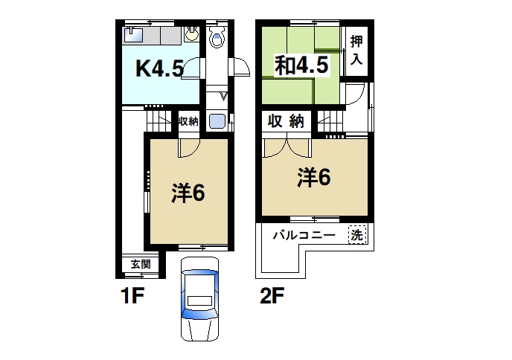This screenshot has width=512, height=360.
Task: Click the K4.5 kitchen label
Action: [159, 69]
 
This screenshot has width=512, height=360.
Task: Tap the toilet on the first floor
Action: [217, 37]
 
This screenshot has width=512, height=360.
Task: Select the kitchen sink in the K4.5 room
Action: [135, 33]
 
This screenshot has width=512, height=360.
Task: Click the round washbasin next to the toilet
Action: [193, 33]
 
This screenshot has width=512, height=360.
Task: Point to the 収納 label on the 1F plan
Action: [188, 121]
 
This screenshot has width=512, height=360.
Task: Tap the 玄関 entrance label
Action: [141, 264]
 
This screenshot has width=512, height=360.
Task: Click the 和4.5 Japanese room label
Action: [301, 65]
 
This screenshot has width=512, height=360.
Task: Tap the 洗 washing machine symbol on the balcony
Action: [358, 234]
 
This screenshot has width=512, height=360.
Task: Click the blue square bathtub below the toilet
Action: [217, 122]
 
